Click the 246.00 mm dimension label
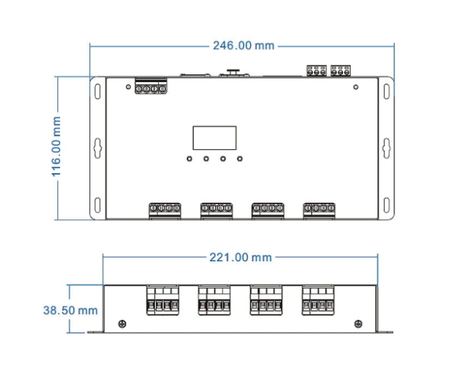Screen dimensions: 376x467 tap(244, 46)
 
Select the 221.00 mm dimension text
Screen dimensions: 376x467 tap(241, 257)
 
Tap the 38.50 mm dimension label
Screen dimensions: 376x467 tap(70, 310)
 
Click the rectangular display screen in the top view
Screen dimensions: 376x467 tap(215, 138)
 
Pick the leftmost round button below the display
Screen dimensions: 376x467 tap(190, 159)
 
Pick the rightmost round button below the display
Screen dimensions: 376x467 tap(240, 159)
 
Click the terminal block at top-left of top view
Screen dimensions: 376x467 tap(150, 87)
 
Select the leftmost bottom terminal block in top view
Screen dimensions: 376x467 tap(165, 210)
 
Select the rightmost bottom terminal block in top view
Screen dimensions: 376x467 tap(320, 210)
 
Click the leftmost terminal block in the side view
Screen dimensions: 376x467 tap(163, 301)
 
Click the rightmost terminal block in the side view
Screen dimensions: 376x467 tap(319, 301)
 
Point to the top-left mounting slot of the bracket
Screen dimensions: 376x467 tap(97, 89)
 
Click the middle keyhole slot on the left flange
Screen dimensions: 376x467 tap(97, 147)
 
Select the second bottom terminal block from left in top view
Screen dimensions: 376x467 tap(217, 210)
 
